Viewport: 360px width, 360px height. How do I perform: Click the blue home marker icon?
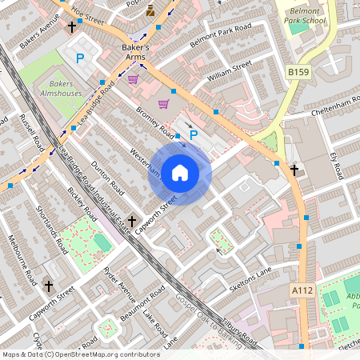(180, 173)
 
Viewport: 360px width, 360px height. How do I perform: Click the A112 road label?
(302, 290)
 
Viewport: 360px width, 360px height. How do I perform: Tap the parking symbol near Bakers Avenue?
(79, 58)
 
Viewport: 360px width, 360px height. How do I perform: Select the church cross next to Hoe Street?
(73, 27)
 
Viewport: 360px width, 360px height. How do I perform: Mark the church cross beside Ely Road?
(294, 170)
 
